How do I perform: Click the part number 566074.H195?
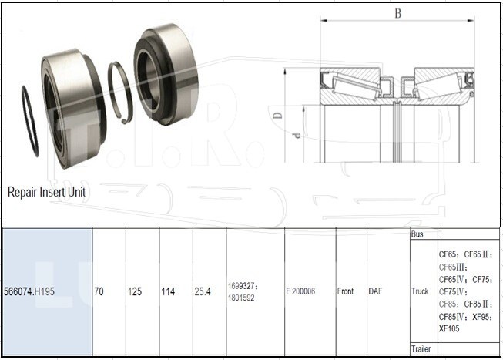pos(29,291)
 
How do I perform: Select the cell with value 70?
pos(99,291)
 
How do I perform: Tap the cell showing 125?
pos(135,291)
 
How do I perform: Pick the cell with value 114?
pos(168,291)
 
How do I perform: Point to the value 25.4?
pos(203,291)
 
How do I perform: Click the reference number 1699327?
pos(241,286)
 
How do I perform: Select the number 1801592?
pos(241,298)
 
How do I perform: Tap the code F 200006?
pos(300,291)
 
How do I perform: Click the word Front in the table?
pos(345,291)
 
